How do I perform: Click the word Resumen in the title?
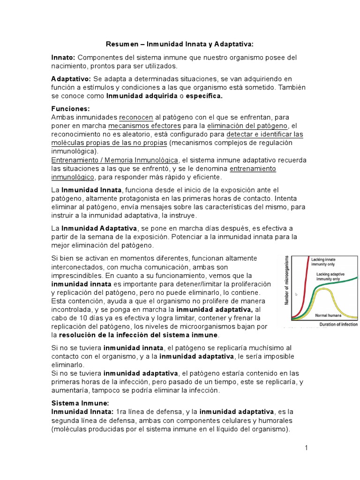pyautogui.click(x=120, y=44)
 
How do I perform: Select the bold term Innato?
pyautogui.click(x=63, y=57)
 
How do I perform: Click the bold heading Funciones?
pyautogui.click(x=70, y=108)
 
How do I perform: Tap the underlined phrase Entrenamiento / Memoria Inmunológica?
pyautogui.click(x=114, y=160)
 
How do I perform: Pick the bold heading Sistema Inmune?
pyautogui.click(x=80, y=403)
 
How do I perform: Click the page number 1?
pyautogui.click(x=306, y=448)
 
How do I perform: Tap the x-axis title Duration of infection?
pyautogui.click(x=338, y=324)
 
